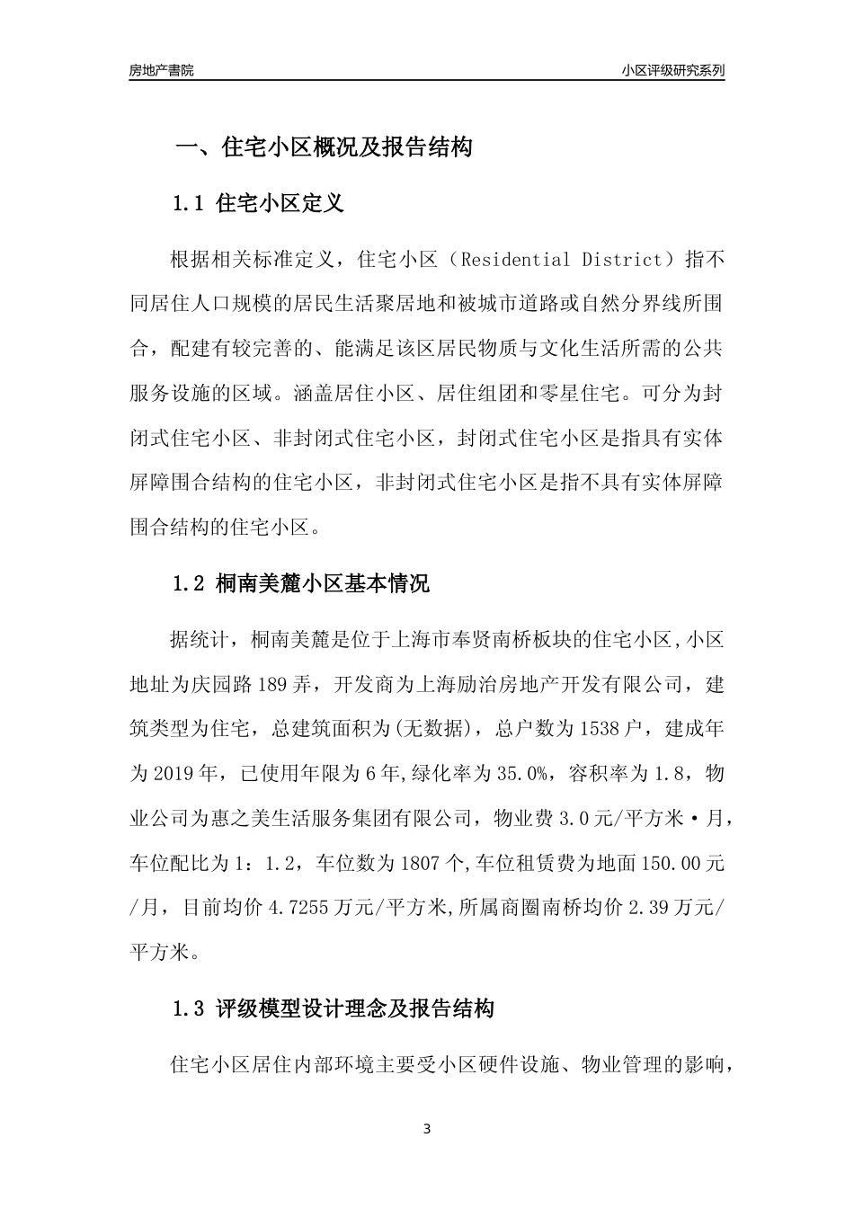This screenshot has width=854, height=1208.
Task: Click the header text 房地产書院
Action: [x=161, y=70]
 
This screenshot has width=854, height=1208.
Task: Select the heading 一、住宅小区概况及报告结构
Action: [x=323, y=147]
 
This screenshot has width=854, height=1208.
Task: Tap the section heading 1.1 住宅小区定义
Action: [x=258, y=203]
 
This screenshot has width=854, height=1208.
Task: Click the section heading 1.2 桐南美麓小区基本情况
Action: [x=300, y=583]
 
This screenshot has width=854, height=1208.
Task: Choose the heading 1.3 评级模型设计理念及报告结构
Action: [x=333, y=1008]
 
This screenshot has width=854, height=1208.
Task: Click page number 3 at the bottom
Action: [x=427, y=1129]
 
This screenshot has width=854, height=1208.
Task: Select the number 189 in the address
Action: [x=272, y=684]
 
